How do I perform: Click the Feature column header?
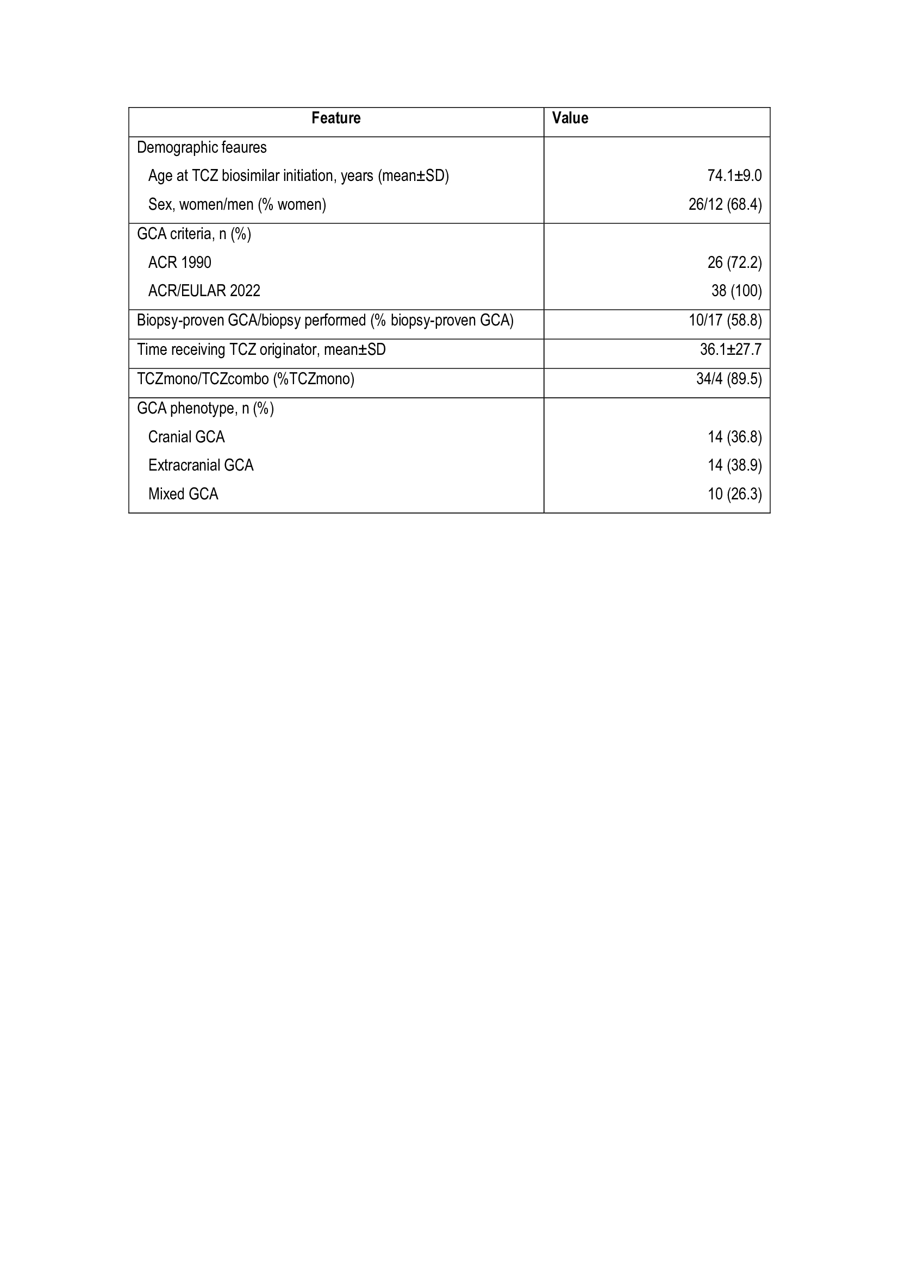335,118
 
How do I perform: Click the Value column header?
570,118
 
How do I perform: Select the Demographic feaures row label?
202,147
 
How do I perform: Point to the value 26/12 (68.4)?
725,205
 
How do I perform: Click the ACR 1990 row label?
179,262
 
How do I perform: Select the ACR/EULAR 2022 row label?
204,291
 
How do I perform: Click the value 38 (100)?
736,291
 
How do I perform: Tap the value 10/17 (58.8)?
725,321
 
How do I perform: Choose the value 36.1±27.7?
731,350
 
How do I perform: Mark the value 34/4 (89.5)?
728,379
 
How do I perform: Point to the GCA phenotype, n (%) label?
205,409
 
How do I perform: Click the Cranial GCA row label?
186,437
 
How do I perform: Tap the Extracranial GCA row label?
201,465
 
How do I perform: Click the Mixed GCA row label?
183,494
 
